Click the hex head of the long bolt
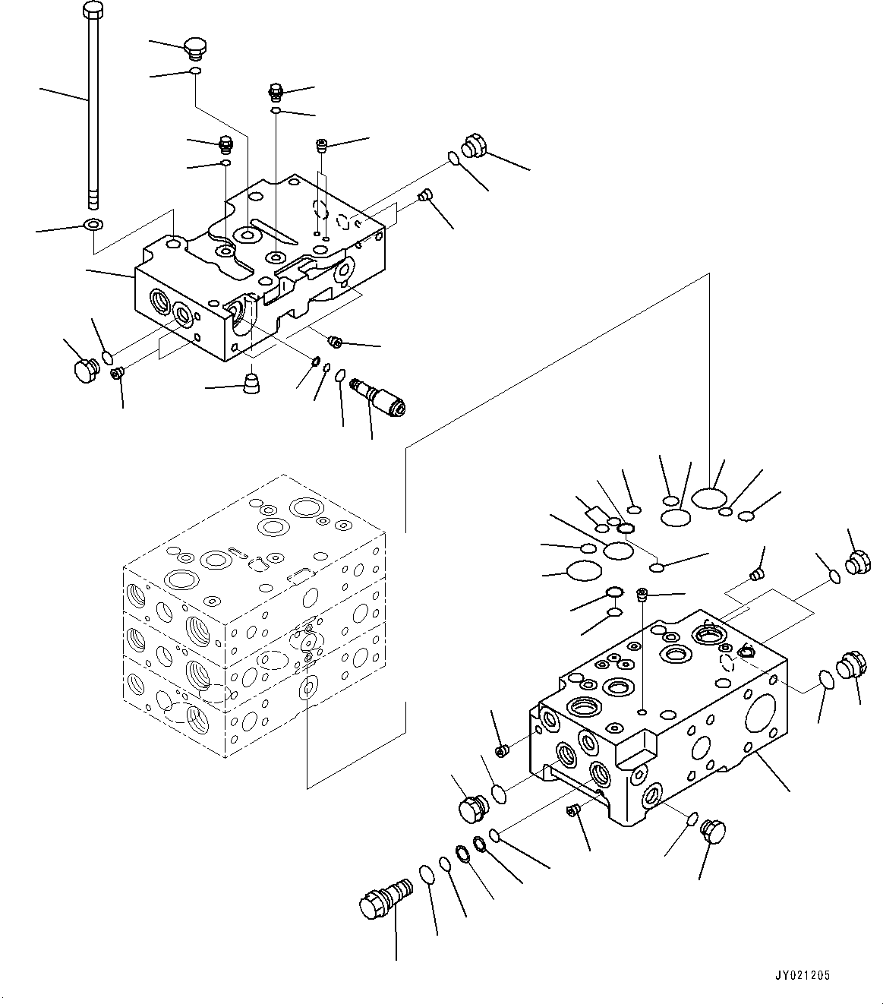click(93, 11)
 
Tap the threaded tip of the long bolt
click(93, 200)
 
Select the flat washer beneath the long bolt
click(93, 225)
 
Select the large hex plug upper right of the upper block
click(475, 146)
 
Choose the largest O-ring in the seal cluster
click(709, 497)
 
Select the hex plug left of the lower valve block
click(474, 810)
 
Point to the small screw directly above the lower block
click(642, 593)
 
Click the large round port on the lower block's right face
click(761, 712)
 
